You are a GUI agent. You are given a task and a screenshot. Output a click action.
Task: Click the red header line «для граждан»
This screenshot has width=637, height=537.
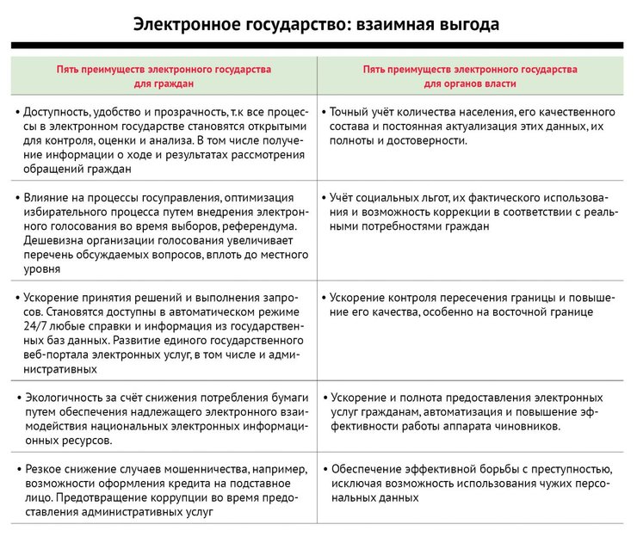164,83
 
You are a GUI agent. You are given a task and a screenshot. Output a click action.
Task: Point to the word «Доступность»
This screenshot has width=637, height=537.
61,112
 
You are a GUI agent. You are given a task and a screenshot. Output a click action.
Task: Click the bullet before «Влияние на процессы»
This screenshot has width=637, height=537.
17,198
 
